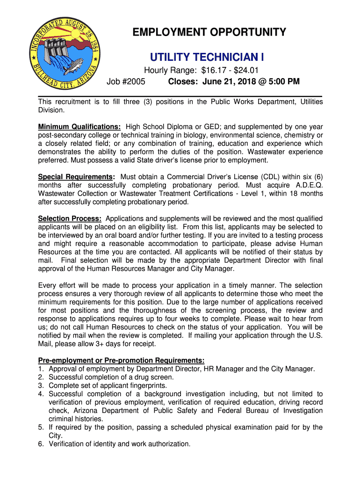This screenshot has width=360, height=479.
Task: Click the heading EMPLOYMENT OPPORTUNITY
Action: click(x=209, y=32)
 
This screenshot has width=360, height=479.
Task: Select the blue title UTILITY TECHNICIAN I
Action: click(x=207, y=58)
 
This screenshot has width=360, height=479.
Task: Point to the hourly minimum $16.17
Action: click(x=211, y=71)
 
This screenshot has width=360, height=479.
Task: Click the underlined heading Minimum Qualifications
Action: click(x=79, y=127)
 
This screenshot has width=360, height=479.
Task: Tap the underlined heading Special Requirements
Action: click(x=77, y=177)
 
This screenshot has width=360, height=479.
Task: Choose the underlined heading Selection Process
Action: click(x=70, y=218)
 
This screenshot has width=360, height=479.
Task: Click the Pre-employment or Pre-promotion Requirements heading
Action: click(x=121, y=360)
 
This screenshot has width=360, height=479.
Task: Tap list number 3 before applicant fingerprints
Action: click(x=41, y=385)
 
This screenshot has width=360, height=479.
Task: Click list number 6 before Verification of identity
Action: click(x=41, y=444)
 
